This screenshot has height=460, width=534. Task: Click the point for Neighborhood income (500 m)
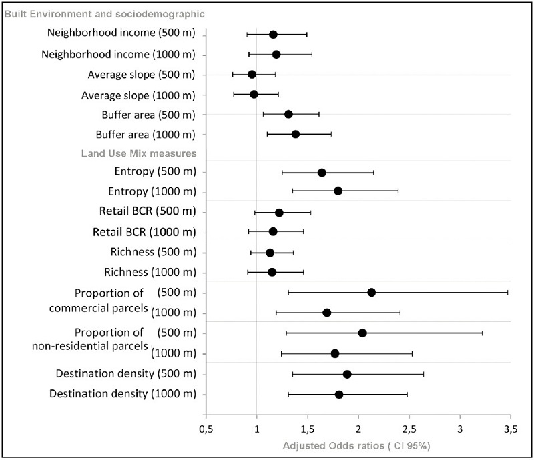pos(273,35)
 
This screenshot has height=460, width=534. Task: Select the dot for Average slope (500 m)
pos(252,75)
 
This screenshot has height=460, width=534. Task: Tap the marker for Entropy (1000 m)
pos(338,191)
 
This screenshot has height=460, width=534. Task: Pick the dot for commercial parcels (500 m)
pos(372,292)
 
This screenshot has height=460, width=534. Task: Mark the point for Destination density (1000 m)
pos(339,395)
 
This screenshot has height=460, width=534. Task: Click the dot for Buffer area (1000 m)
pos(296,135)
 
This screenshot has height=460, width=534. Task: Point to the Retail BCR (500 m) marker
pos(279,213)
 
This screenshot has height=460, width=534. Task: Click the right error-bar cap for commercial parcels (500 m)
pos(508,292)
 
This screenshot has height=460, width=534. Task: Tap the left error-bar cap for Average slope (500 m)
pos(232,75)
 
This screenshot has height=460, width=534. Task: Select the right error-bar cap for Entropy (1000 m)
pos(398,191)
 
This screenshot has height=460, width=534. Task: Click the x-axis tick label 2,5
pos(409,429)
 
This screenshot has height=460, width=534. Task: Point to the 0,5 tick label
pos(206,429)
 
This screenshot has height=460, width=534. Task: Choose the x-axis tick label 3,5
pos(511,429)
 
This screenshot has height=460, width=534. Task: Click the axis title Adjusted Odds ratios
pos(333,446)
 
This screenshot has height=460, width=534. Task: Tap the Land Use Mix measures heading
pos(139,153)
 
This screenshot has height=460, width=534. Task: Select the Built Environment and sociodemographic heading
pos(105,14)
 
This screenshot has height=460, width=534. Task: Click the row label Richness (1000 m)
pos(150,272)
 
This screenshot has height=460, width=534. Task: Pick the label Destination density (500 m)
pos(126,373)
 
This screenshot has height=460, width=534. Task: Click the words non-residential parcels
pos(90,347)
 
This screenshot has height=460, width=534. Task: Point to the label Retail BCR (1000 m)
pos(144,232)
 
